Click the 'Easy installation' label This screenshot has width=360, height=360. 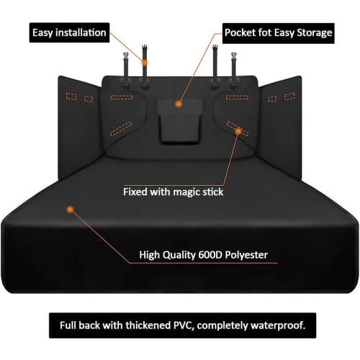[x=69, y=32]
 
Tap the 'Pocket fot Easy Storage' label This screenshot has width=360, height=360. [x=279, y=32]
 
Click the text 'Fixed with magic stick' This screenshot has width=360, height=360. [x=174, y=192]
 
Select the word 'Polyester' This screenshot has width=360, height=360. [x=246, y=255]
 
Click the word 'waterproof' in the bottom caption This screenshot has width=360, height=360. [x=277, y=325]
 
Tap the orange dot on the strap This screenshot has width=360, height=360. [x=144, y=63]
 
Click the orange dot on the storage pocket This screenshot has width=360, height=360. [x=179, y=104]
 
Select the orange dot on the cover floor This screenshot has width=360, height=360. [x=70, y=210]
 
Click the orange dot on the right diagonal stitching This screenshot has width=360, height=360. [x=238, y=131]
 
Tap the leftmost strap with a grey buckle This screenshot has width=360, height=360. [x=126, y=68]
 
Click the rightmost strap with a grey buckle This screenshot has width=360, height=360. [x=234, y=68]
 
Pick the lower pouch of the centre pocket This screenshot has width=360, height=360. [x=179, y=130]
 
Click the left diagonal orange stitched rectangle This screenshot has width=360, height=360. [x=121, y=129]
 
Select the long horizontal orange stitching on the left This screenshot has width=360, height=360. [x=122, y=97]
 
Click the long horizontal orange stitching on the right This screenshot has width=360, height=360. [x=237, y=97]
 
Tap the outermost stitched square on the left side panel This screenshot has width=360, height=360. [x=71, y=96]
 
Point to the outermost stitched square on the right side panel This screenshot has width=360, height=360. [x=289, y=96]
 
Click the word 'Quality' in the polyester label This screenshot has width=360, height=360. [x=179, y=255]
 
